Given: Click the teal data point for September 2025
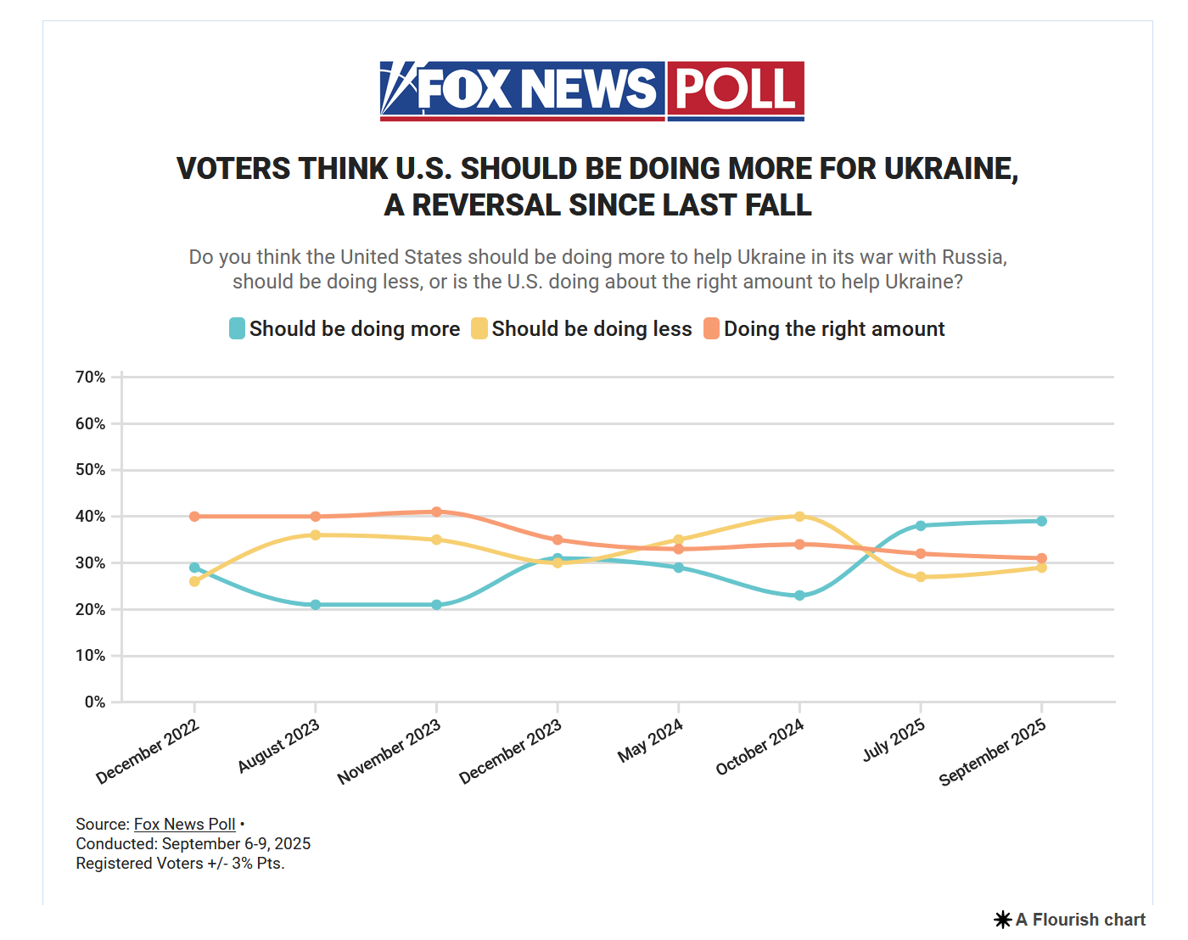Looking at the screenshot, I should point(1041,521).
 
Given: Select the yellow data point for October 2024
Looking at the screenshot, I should point(799,516).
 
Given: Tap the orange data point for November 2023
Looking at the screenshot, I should point(436,512).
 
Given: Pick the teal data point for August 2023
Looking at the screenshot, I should point(316,605).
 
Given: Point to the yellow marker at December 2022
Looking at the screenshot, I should point(194,581).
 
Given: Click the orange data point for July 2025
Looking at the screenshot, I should point(921,553).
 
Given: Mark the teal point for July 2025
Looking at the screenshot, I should point(921,525).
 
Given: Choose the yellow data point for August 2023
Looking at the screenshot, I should point(316,534).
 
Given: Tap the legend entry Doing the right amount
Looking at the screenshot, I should point(824,328).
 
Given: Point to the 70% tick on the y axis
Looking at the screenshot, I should point(91,377).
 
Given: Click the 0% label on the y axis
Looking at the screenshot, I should point(95,702).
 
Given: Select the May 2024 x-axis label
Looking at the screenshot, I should point(650,741).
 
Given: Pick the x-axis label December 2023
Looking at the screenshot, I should point(510,752).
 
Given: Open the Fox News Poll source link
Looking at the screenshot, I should point(184,824).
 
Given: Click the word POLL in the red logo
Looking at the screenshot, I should point(735,88).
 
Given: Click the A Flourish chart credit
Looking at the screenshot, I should point(1070,920).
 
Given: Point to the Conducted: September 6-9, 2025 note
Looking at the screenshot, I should point(193,843).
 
